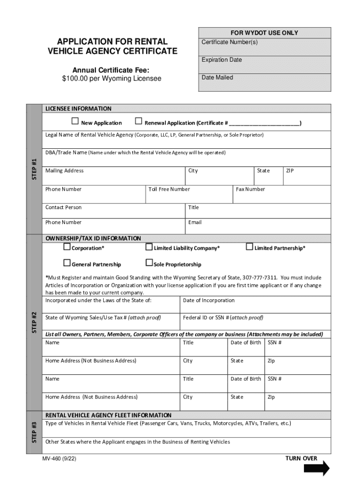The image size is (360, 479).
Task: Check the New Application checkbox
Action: [x=75, y=122]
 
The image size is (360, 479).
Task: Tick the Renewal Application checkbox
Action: [x=138, y=122]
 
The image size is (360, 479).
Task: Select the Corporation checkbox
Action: [x=67, y=247]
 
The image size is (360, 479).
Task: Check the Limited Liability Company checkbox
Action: [x=149, y=247]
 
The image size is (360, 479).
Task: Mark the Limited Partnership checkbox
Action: [x=250, y=247]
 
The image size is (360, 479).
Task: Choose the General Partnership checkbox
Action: [x=67, y=263]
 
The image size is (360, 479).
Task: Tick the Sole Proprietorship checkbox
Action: [x=149, y=263]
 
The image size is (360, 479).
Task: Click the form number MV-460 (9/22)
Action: [x=58, y=459]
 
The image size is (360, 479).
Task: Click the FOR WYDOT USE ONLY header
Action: [x=264, y=33]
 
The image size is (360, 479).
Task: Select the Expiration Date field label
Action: [x=222, y=60]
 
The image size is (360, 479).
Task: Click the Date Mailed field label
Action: [x=217, y=77]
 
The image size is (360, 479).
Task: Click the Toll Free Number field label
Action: [x=169, y=189]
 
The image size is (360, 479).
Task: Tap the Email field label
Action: [x=195, y=222]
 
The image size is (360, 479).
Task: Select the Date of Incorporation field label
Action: [x=209, y=300]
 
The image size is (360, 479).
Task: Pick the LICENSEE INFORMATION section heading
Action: [x=78, y=109]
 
